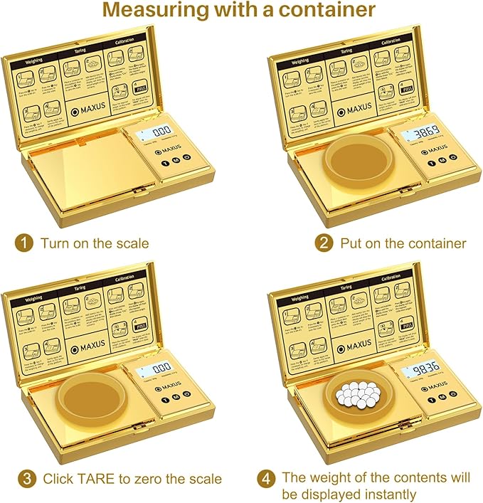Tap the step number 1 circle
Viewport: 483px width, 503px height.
click(x=26, y=243)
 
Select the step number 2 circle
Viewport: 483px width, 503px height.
click(x=324, y=243)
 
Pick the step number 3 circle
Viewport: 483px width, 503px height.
click(x=26, y=478)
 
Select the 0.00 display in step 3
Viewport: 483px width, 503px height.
click(x=156, y=369)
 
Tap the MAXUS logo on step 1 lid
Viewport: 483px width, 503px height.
click(x=87, y=110)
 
